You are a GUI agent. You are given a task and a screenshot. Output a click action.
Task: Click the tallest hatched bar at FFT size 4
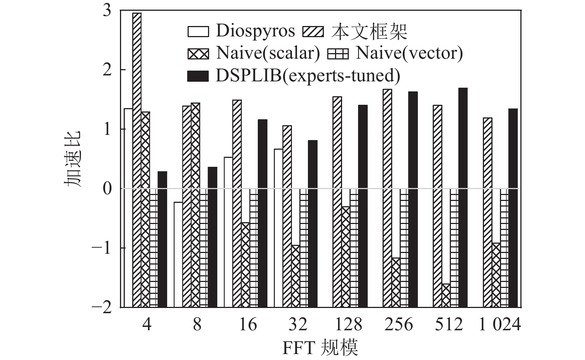point(137,100)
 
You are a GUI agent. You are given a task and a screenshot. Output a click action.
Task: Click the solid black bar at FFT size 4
point(162,180)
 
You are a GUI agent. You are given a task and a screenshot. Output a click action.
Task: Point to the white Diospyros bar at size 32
point(278,169)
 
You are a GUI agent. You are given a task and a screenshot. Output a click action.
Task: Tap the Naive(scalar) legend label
point(268,53)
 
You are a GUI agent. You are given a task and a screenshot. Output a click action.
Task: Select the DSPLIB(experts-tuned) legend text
point(308,76)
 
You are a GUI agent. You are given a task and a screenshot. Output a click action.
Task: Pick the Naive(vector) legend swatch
point(338,54)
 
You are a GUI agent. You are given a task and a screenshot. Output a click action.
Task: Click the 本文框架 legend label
point(369,32)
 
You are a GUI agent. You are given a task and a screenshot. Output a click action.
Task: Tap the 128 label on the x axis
point(348,325)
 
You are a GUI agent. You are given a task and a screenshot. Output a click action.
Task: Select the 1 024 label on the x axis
point(500,325)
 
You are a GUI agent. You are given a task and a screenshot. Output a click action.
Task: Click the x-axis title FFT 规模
point(320,348)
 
